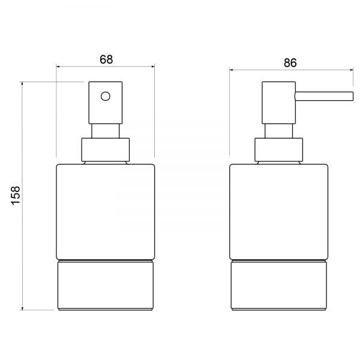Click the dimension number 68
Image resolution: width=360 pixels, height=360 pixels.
point(106,59)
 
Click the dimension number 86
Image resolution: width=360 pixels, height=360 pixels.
point(290,62)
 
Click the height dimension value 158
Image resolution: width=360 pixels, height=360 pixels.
point(16,196)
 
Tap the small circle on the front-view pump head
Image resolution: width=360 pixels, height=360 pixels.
point(106,96)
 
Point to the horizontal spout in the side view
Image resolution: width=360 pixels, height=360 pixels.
point(324,96)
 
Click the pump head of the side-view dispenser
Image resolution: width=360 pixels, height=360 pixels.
point(279,103)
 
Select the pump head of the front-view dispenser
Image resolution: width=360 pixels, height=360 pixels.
point(106,103)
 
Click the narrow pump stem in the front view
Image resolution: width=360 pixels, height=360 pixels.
point(106,131)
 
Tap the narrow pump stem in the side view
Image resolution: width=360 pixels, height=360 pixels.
point(279,131)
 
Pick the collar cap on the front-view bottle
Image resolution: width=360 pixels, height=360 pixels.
point(106,149)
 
